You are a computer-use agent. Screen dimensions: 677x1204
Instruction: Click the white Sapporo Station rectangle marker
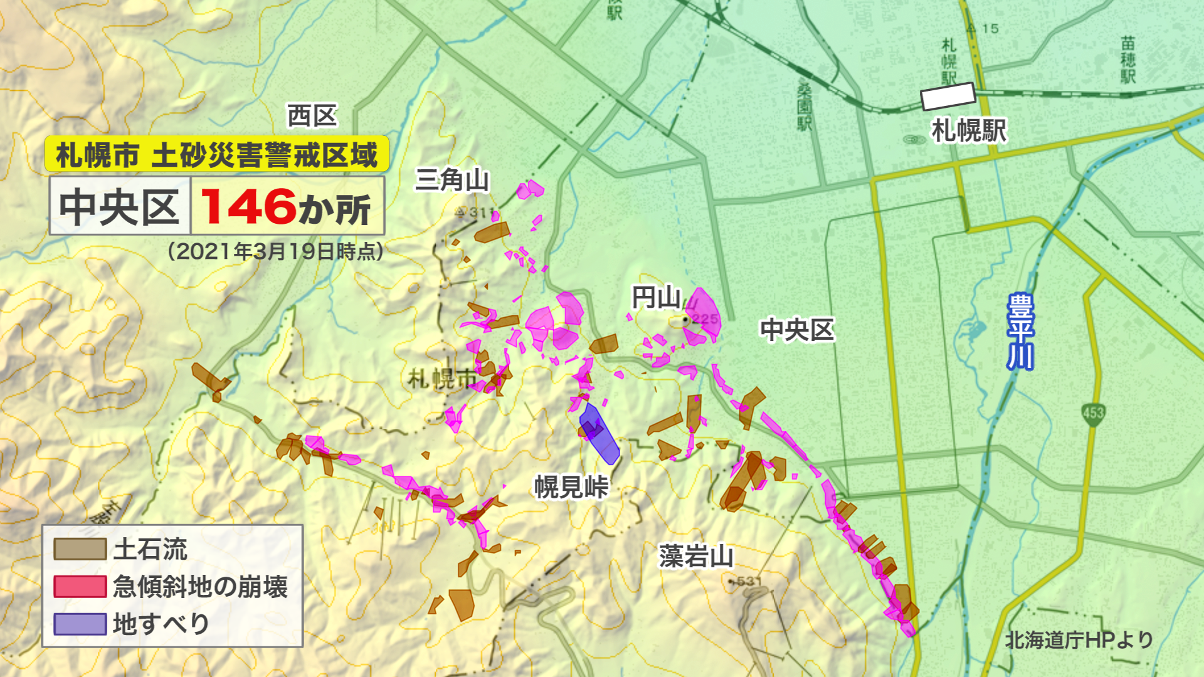tap(948, 96)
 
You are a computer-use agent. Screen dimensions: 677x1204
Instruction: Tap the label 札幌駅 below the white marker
tap(969, 131)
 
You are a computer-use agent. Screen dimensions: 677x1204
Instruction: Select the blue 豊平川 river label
tap(1020, 332)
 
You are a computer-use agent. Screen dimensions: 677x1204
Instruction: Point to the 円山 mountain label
tap(656, 298)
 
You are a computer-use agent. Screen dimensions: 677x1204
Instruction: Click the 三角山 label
tap(451, 180)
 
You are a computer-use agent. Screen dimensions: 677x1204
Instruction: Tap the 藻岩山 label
tap(696, 556)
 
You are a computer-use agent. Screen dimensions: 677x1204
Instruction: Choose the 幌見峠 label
tap(571, 487)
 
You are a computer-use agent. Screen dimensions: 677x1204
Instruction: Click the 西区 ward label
tap(312, 116)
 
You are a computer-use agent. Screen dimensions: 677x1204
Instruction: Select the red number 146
tap(248, 207)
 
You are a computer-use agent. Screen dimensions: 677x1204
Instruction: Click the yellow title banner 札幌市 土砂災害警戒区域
tap(217, 154)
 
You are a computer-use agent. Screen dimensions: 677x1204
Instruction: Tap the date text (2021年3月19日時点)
tap(275, 251)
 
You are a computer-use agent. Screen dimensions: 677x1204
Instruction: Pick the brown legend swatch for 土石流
tap(80, 549)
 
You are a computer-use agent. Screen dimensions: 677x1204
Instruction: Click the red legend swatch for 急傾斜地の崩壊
tap(80, 587)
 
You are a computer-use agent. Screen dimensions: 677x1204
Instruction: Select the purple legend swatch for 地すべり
tap(80, 624)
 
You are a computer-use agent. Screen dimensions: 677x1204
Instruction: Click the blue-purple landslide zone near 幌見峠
tap(600, 433)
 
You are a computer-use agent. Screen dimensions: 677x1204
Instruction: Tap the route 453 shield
tap(1093, 414)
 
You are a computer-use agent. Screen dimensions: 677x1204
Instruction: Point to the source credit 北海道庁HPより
tap(1079, 640)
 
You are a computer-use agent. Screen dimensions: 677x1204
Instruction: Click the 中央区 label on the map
tap(797, 330)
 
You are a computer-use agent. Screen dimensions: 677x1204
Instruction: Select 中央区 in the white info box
tap(120, 207)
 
